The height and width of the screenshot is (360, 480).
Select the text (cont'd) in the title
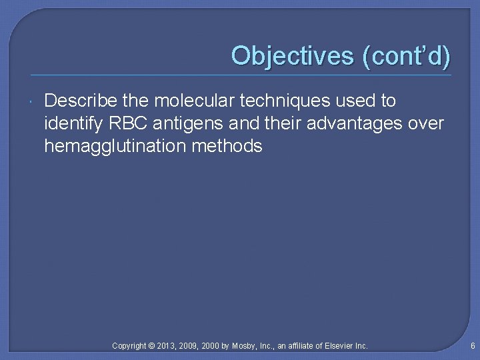[406, 56]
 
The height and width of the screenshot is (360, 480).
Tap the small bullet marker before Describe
[33, 101]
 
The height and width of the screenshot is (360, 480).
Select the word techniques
[281, 101]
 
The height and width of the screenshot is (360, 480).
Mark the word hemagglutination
[115, 146]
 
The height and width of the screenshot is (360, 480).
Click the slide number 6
[472, 346]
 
